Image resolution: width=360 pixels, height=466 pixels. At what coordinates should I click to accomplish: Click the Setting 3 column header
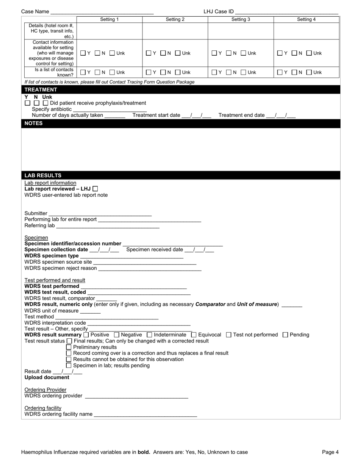click(x=241, y=19)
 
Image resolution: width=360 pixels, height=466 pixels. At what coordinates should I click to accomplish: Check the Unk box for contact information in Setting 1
click(x=112, y=53)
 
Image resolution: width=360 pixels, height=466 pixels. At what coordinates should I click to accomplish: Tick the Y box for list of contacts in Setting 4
click(x=280, y=72)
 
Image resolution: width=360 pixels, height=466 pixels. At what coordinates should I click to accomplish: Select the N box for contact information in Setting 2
click(x=163, y=53)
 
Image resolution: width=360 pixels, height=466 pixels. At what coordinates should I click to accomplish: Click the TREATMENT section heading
click(x=41, y=90)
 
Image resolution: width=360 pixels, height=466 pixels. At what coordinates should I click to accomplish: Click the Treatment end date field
click(x=281, y=116)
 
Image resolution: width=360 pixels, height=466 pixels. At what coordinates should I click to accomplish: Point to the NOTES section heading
click(x=34, y=124)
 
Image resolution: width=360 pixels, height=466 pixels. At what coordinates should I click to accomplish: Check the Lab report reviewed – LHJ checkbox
click(x=95, y=189)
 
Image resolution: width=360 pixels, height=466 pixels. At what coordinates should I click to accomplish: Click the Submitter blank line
click(x=100, y=214)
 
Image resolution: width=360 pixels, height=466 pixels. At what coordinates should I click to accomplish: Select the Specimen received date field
click(x=199, y=250)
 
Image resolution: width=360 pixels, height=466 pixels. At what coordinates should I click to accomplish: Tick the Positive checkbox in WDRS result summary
click(x=86, y=335)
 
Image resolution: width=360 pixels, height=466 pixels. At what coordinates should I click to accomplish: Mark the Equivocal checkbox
click(x=194, y=335)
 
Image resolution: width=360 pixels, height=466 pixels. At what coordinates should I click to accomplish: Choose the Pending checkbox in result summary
click(x=285, y=335)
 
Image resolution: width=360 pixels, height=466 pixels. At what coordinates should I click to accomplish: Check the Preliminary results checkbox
click(x=69, y=347)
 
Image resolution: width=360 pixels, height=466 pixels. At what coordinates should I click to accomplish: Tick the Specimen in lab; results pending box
click(x=69, y=366)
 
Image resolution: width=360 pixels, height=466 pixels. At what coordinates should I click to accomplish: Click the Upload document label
click(x=47, y=378)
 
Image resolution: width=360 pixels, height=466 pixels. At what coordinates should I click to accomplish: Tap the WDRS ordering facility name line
click(x=145, y=414)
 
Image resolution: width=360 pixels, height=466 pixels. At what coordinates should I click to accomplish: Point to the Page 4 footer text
click(x=330, y=452)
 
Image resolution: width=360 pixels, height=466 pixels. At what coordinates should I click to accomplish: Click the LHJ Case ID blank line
click(x=286, y=12)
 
